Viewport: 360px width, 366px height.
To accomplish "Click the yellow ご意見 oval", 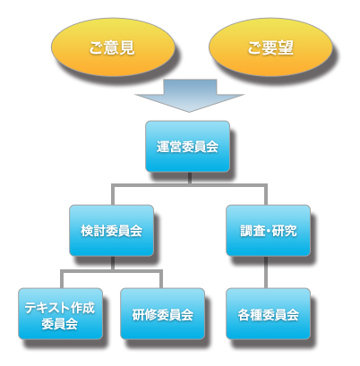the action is tap(113, 47).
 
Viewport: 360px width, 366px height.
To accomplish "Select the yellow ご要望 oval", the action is tap(270, 47).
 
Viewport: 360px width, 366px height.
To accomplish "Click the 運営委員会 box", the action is tap(187, 146).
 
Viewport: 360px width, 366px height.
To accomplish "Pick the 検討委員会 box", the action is tap(111, 230).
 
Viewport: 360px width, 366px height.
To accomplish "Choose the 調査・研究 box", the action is tap(268, 230).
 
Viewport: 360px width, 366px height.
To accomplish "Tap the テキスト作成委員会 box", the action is tap(60, 314).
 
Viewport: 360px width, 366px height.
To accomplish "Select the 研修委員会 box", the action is tap(162, 314).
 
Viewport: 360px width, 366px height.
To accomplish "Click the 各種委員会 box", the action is tap(268, 314).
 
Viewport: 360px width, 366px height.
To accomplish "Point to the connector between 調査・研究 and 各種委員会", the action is tap(266, 272).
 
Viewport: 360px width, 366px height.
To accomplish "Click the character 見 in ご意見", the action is tap(127, 47).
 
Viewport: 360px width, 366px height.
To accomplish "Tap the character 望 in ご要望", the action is tap(286, 47).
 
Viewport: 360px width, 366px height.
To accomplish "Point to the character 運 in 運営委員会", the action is tap(163, 147).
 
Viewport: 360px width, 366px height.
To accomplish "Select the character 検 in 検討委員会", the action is tap(87, 231).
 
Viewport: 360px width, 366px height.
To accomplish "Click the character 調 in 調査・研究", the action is tap(246, 231).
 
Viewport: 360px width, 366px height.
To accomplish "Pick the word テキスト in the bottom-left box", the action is tap(47, 308).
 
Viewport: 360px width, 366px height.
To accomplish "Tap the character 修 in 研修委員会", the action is tap(150, 315).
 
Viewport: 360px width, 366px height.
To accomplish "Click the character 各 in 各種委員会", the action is tap(244, 315).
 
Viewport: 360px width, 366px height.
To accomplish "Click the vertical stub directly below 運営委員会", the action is tap(190, 178).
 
